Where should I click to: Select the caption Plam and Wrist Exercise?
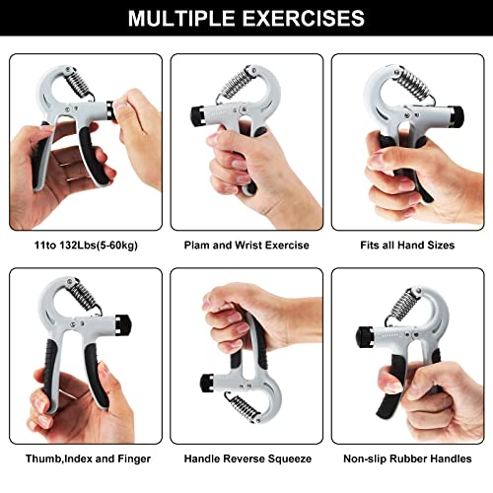(246, 245)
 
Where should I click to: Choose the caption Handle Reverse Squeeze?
(246, 458)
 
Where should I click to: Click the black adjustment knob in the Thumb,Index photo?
(124, 321)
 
